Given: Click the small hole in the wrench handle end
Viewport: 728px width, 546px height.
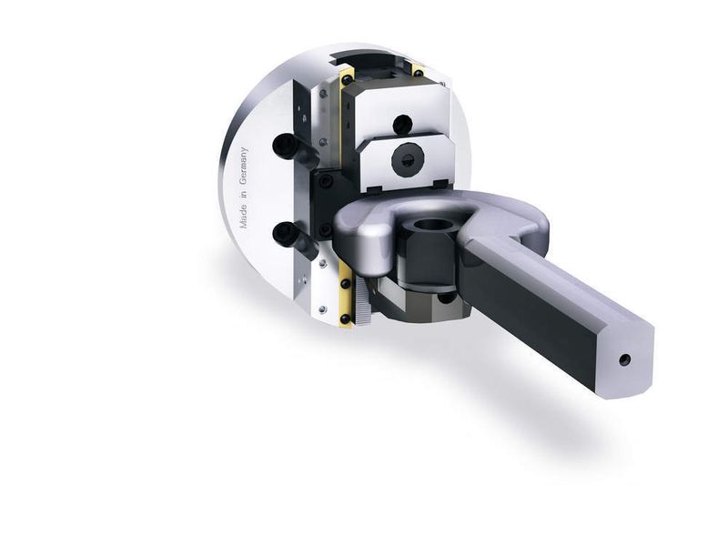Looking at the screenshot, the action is [x=625, y=359].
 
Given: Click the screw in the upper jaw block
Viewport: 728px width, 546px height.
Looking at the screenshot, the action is [x=402, y=124].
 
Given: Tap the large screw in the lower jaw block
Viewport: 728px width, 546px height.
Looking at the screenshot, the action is [x=408, y=159].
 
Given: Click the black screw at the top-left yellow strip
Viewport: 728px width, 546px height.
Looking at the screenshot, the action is [x=347, y=80].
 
